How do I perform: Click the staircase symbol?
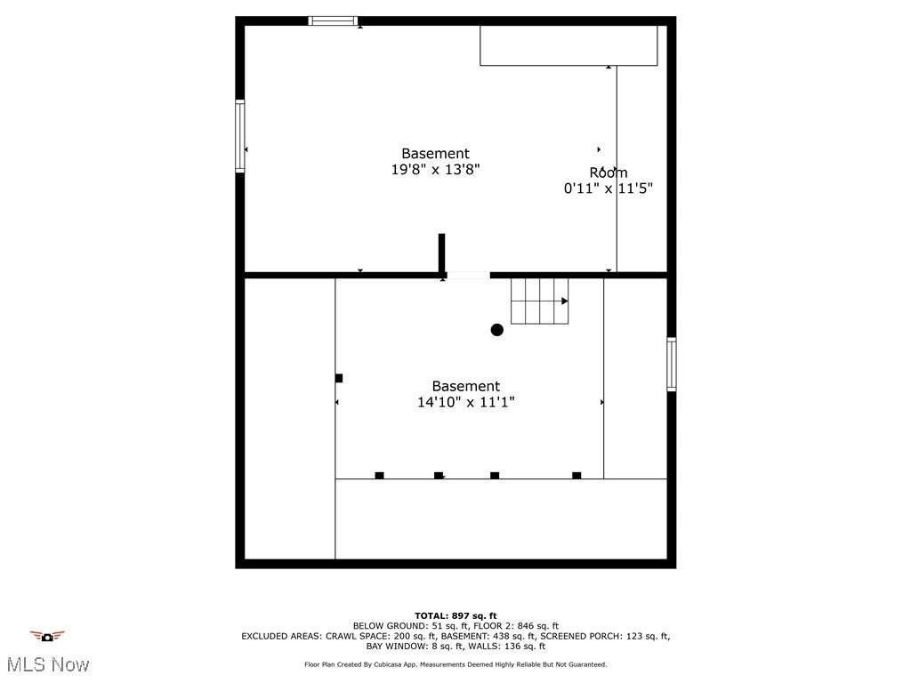point(539,301)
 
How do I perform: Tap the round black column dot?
point(497,330)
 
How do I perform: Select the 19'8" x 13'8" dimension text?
point(436,170)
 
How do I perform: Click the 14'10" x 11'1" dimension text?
point(466,402)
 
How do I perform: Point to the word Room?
point(609,173)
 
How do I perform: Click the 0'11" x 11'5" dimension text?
point(609,189)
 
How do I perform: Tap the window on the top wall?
point(334,20)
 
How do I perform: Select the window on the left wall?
point(240,136)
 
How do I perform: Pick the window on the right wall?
point(672,365)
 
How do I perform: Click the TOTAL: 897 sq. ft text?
point(455,615)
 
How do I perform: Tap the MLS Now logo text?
point(48,664)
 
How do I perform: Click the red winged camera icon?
point(47,636)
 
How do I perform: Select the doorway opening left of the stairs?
point(468,276)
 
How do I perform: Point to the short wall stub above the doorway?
point(441,253)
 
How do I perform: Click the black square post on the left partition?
point(339,378)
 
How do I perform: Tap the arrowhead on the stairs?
point(565,301)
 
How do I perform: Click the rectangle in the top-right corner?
point(569,45)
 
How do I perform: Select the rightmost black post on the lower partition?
point(576,476)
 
